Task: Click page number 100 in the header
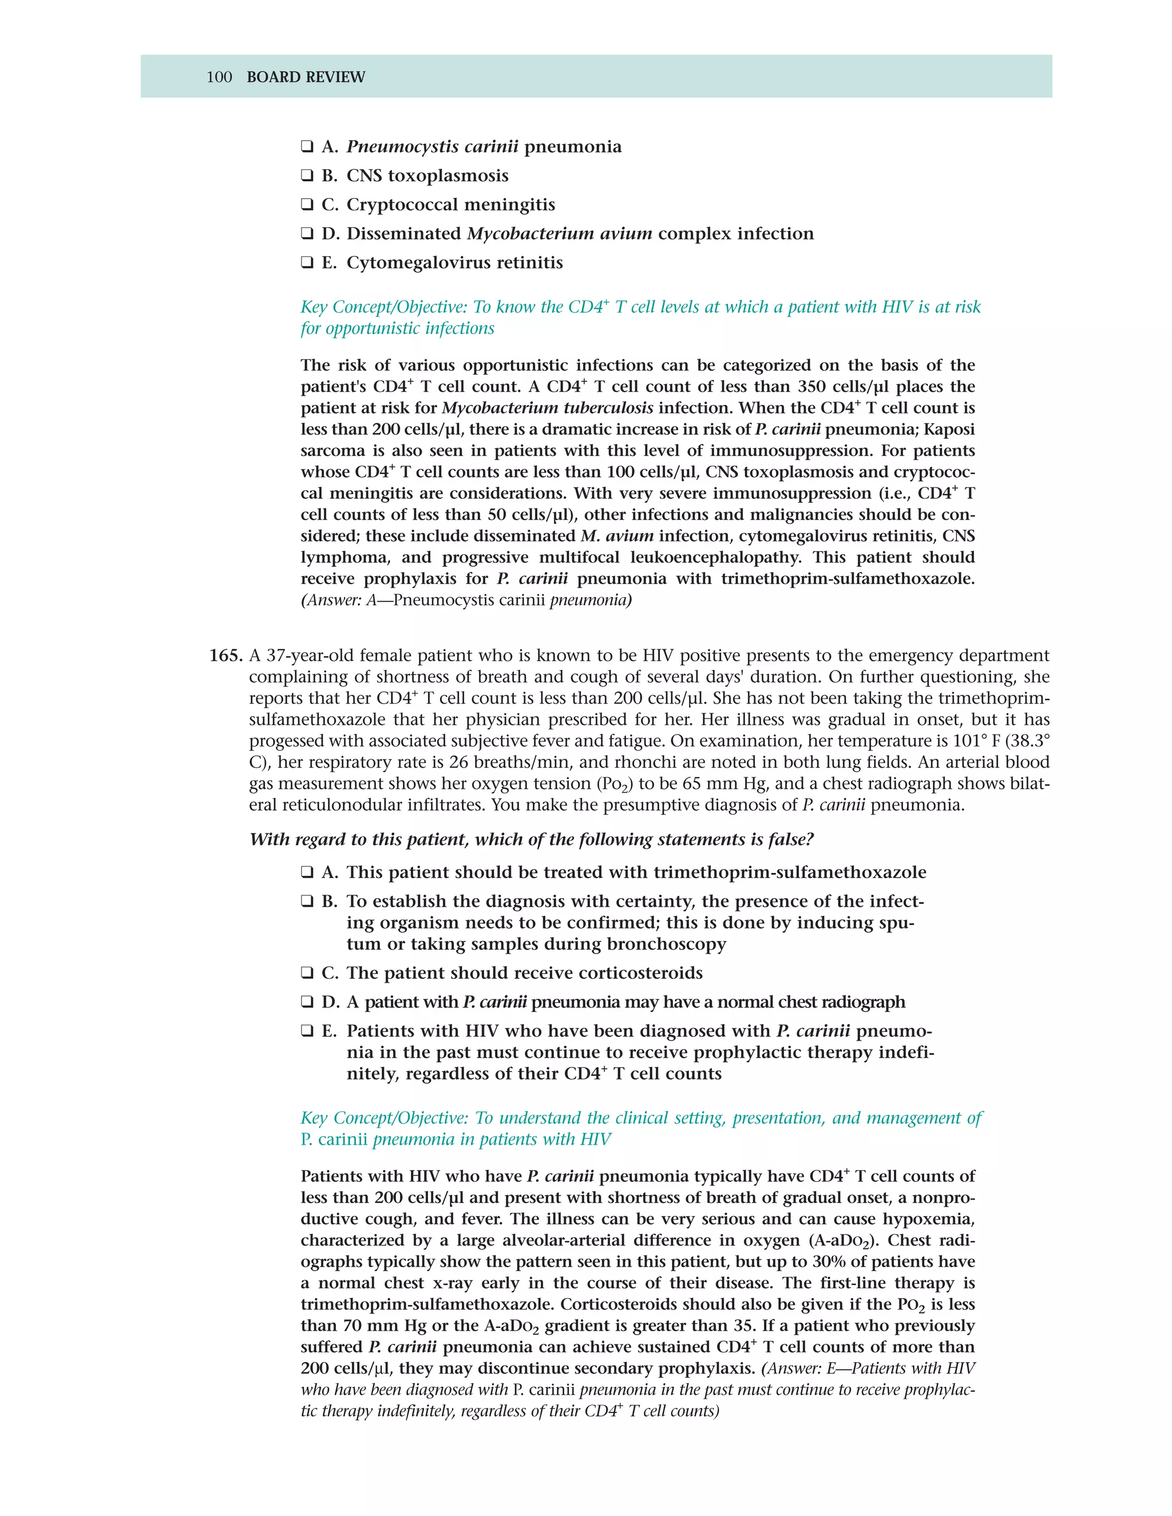tap(219, 77)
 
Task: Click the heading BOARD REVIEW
tap(306, 77)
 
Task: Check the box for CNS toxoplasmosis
tap(307, 176)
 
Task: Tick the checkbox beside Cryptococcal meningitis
tap(307, 205)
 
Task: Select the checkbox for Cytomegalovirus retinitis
tap(307, 263)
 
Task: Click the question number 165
tap(225, 656)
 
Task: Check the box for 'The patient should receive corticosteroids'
tap(307, 973)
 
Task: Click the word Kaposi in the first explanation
tap(949, 430)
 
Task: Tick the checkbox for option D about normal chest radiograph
tap(307, 1002)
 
